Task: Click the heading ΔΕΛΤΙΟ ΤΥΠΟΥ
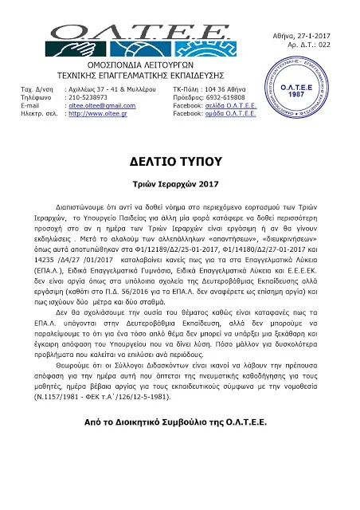pyautogui.click(x=180, y=162)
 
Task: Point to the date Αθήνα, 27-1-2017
pyautogui.click(x=314, y=10)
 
